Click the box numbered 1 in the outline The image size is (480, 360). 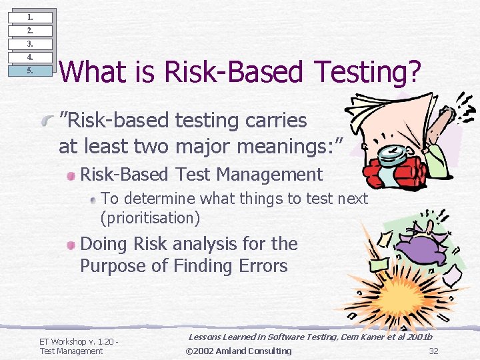pyautogui.click(x=29, y=17)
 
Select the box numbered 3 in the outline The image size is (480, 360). pyautogui.click(x=29, y=44)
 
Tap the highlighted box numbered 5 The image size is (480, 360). pyautogui.click(x=29, y=71)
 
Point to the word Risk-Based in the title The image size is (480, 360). pyautogui.click(x=223, y=73)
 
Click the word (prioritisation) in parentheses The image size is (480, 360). pyautogui.click(x=150, y=217)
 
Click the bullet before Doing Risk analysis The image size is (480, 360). pyautogui.click(x=71, y=245)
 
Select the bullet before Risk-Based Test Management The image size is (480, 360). pyautogui.click(x=71, y=175)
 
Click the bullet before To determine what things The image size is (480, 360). pyautogui.click(x=95, y=199)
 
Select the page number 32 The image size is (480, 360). pyautogui.click(x=433, y=351)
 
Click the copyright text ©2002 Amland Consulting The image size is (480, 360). pyautogui.click(x=238, y=351)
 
